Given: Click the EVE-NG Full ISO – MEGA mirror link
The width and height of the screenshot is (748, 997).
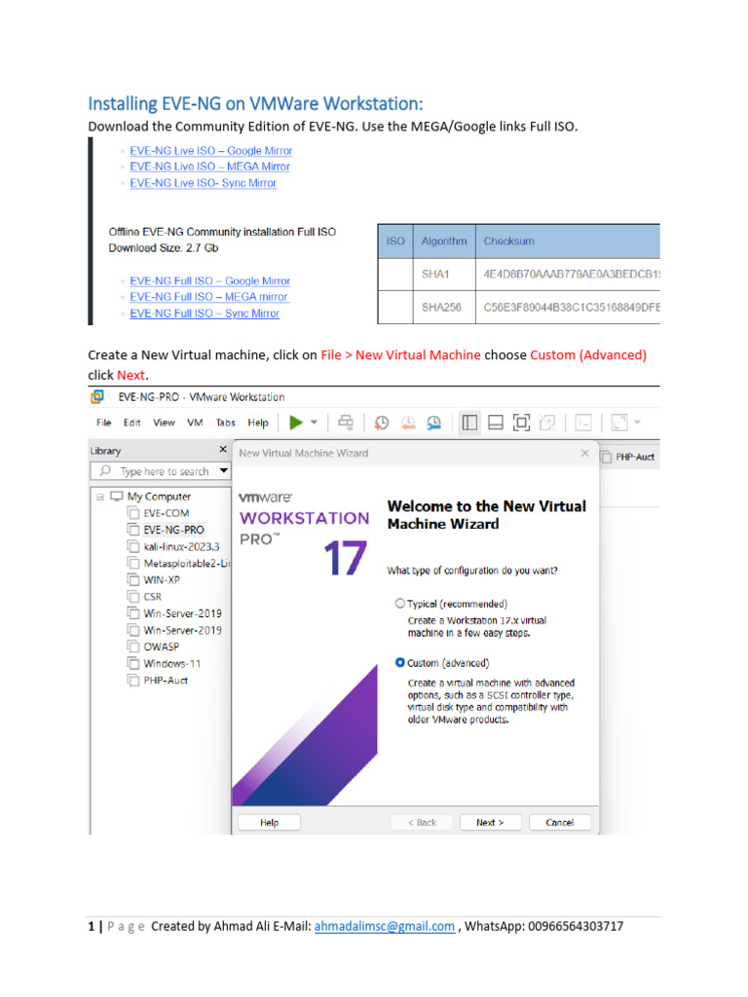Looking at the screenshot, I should [x=209, y=297].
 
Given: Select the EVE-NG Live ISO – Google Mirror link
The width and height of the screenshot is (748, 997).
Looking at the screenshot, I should [x=210, y=151].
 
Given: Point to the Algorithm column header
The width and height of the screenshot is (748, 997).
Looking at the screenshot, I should [x=444, y=240].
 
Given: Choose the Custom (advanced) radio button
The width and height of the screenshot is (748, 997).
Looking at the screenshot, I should [x=400, y=662].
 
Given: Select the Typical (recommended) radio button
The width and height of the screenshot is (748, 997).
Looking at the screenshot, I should [x=400, y=604].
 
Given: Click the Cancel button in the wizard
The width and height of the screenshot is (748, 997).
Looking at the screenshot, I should [x=559, y=822].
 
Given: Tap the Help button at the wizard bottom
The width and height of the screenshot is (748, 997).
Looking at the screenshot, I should [x=269, y=822].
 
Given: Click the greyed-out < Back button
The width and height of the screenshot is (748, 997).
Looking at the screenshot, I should [x=422, y=822].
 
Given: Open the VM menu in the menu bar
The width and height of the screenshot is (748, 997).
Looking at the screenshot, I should [x=194, y=423].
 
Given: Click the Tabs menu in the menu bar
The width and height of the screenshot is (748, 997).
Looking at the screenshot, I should [x=225, y=423].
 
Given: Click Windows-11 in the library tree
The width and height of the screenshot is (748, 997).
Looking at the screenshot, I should [x=171, y=663].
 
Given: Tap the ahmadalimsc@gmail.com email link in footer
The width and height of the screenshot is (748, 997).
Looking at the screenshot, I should [x=384, y=926].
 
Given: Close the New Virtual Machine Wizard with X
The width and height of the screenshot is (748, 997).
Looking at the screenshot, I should [x=584, y=453].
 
